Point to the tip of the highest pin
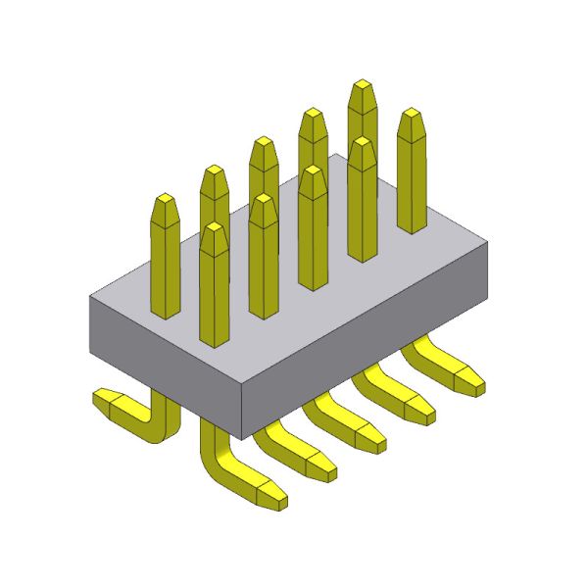362,87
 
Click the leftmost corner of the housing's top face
90,297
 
